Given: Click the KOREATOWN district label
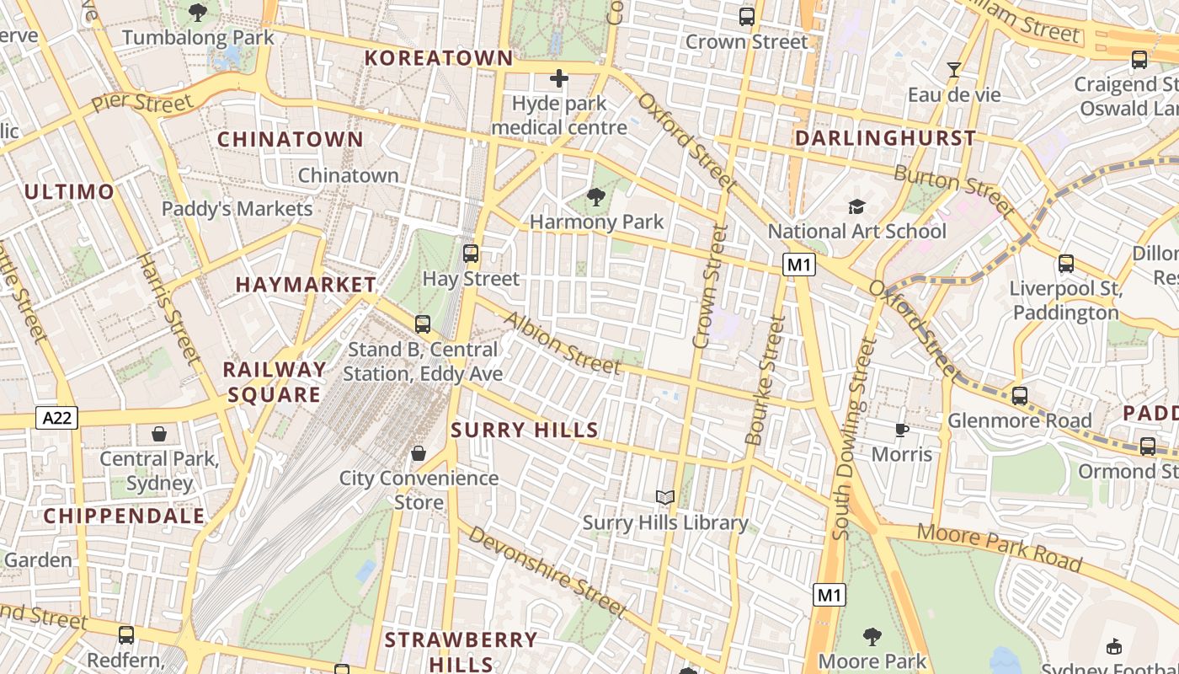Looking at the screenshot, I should [x=439, y=58].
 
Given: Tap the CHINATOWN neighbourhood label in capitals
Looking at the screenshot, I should [x=291, y=140].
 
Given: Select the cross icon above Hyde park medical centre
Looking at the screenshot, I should [x=558, y=79].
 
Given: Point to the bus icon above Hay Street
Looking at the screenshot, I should [x=471, y=253].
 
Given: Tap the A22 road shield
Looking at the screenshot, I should [x=56, y=417].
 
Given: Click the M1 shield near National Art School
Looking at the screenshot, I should [x=799, y=265].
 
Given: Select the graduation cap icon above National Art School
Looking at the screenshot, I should [x=856, y=207].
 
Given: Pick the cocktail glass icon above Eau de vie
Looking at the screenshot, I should [x=954, y=70].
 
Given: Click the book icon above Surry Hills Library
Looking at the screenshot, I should [x=665, y=498].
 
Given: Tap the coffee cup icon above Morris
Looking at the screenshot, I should [x=901, y=431].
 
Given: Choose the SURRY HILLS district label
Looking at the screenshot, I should [x=525, y=431].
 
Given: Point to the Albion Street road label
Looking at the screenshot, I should [x=561, y=344].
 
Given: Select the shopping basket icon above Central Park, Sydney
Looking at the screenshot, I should [x=159, y=434].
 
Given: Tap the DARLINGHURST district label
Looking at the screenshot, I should [x=886, y=138].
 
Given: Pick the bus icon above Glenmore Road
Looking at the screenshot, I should [x=1020, y=395].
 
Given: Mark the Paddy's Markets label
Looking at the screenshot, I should [x=237, y=209].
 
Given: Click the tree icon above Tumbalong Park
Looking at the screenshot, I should [x=199, y=13].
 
